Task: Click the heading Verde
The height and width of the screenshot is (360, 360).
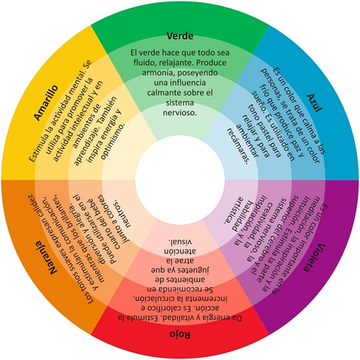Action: tap(179, 35)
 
